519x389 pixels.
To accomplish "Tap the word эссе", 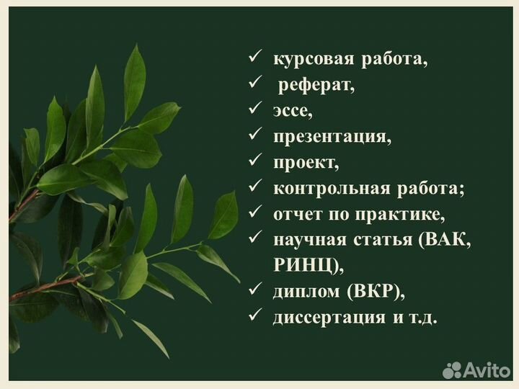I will click(x=293, y=111).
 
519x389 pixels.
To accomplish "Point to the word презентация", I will click(x=332, y=137).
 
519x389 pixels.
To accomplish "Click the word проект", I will click(x=306, y=163).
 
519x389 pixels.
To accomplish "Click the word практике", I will click(x=404, y=215).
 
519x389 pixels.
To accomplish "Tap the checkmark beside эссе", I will click(x=254, y=110).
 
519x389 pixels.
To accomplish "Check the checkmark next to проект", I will click(x=254, y=162).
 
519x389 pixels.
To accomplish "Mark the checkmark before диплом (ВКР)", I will click(x=254, y=291).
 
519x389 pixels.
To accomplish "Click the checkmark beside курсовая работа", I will click(x=254, y=58).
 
